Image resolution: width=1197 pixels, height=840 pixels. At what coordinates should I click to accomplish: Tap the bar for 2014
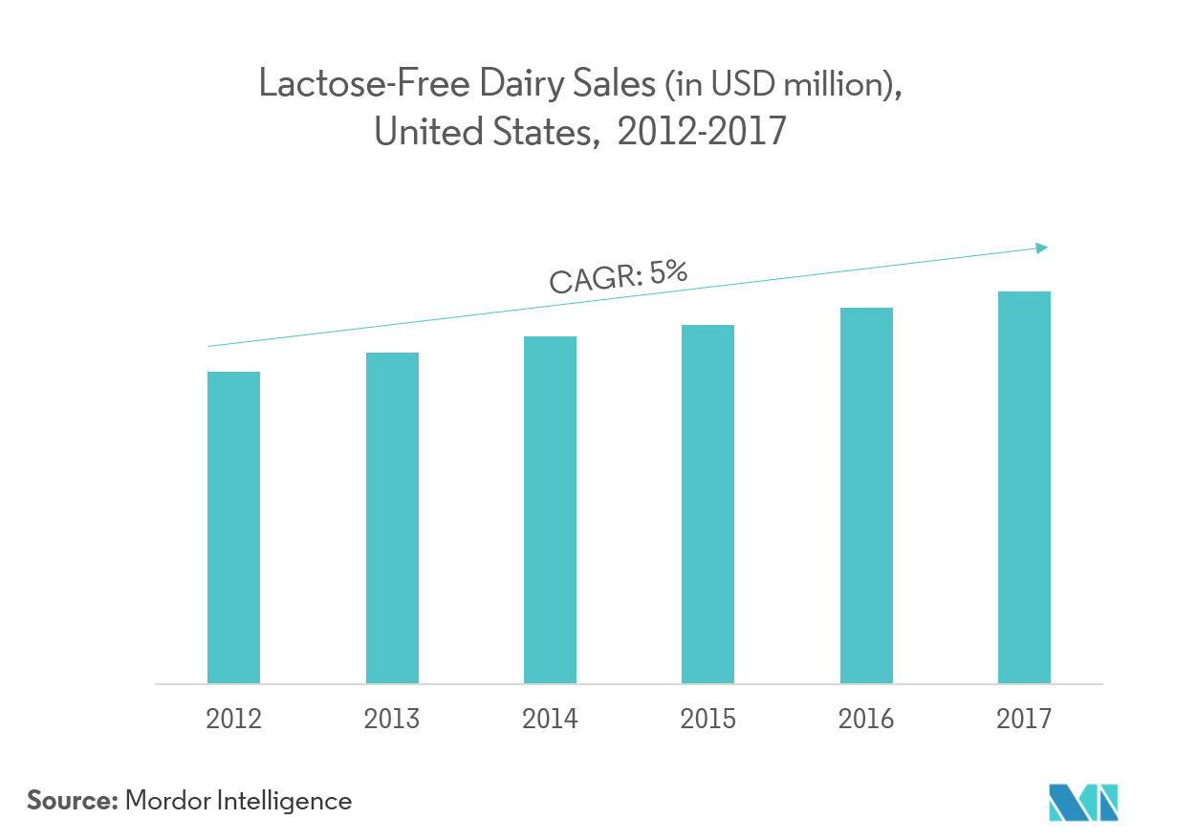click(550, 512)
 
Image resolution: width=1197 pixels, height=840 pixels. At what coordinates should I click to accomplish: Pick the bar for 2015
click(707, 503)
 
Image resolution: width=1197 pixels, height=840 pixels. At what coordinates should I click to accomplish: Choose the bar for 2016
click(866, 497)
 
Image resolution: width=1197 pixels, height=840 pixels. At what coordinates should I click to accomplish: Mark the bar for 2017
click(1024, 487)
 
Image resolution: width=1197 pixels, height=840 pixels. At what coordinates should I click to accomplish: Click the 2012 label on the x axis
click(233, 719)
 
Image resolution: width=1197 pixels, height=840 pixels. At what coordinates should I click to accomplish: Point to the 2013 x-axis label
click(392, 719)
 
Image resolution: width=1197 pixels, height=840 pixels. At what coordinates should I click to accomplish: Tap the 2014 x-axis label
click(550, 719)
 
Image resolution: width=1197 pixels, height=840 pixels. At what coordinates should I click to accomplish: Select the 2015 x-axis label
click(707, 719)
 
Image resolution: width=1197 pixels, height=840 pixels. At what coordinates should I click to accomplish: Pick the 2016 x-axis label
click(866, 719)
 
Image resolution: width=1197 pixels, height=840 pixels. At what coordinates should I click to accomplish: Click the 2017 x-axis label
click(1024, 719)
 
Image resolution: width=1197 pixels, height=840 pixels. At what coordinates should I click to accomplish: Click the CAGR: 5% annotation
click(618, 276)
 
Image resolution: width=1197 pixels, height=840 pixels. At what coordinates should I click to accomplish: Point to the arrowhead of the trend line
click(1043, 248)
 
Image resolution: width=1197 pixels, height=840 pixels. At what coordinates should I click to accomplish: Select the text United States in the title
click(481, 132)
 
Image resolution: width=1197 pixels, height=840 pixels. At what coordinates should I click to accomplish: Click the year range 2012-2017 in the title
click(702, 132)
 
